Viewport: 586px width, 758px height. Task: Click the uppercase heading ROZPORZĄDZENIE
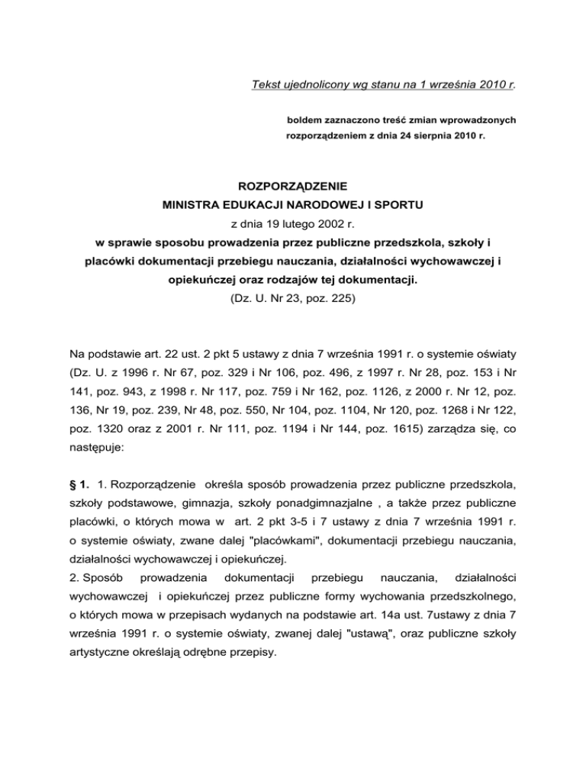coord(293,185)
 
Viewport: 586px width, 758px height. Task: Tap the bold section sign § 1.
coord(79,484)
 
